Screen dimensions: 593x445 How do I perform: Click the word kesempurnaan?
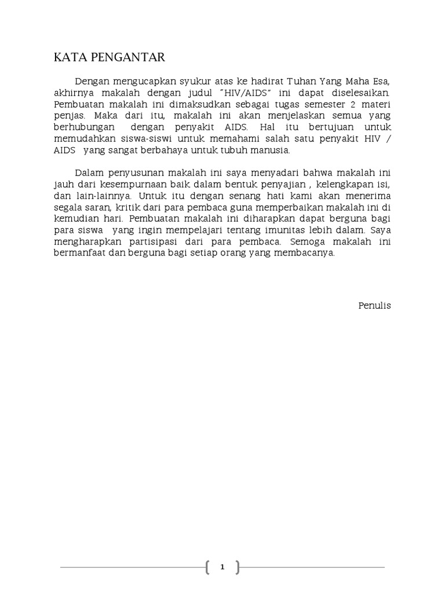click(x=129, y=184)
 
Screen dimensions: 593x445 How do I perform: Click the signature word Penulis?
click(x=374, y=305)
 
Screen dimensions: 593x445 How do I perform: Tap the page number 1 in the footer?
click(x=222, y=568)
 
